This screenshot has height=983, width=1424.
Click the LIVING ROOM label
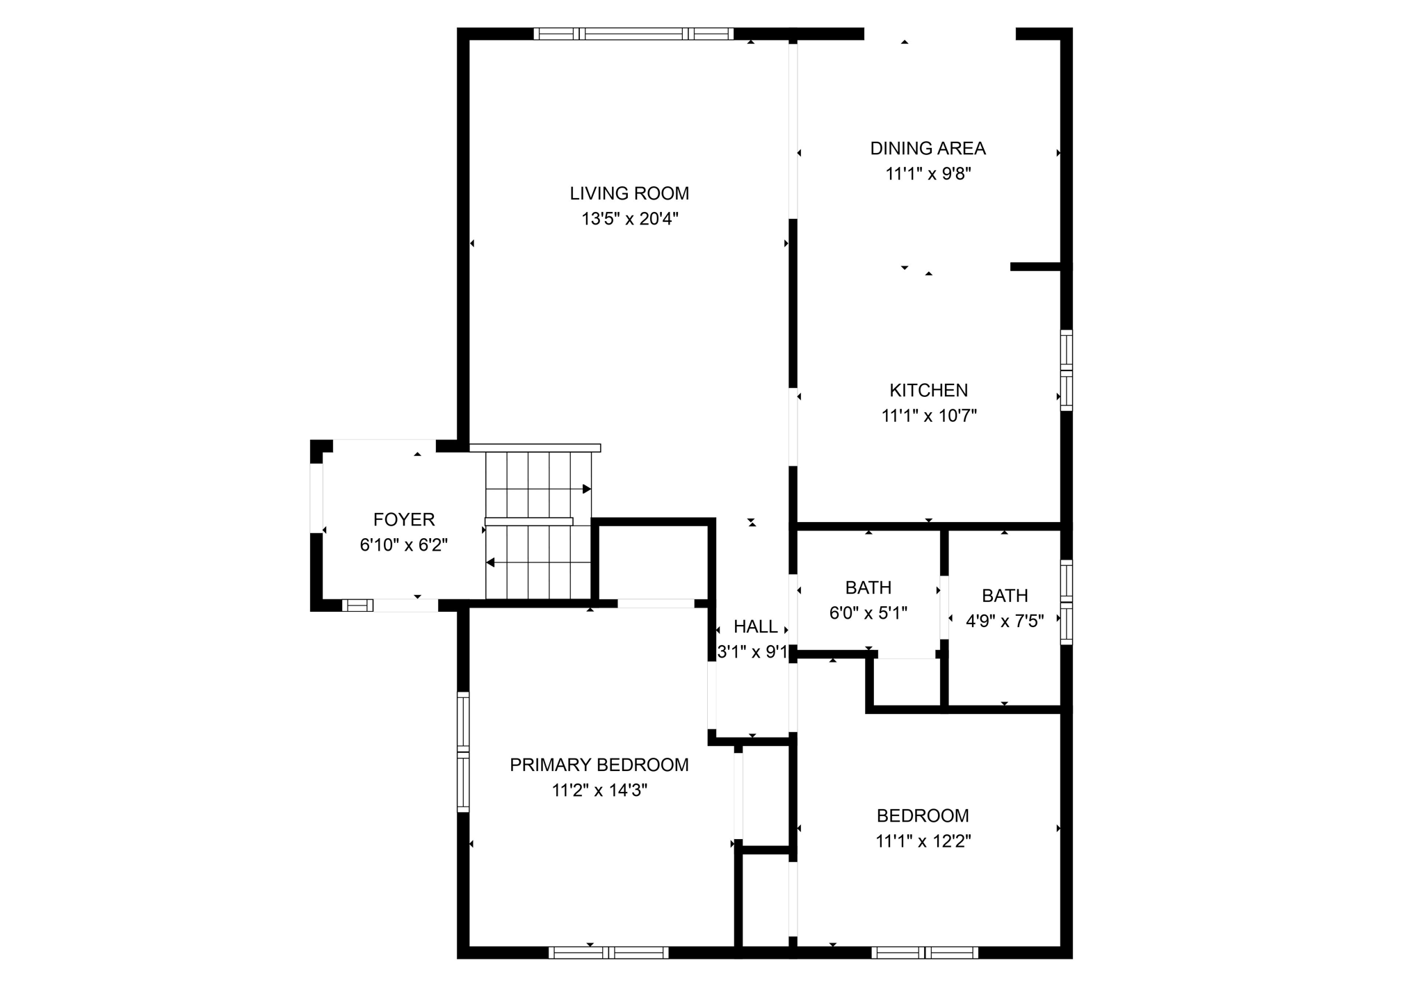point(629,193)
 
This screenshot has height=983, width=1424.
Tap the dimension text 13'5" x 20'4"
point(629,219)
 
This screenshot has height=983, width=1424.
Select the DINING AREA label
point(928,148)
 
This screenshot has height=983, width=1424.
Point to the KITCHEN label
point(928,390)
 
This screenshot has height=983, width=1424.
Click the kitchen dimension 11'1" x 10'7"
point(929,416)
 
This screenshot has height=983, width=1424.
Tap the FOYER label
point(403,519)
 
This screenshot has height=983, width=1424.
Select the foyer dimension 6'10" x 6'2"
point(403,545)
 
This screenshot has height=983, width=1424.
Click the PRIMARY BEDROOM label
point(599,765)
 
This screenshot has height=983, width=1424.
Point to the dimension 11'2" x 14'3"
point(599,790)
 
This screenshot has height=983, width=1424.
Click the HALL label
point(755,626)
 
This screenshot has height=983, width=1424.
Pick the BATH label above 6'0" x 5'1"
point(868,587)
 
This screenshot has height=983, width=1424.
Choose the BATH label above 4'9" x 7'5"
point(1004,595)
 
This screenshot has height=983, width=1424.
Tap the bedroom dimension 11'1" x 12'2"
point(923,841)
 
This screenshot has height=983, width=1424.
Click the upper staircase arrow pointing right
point(586,489)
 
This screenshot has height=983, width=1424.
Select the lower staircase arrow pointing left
point(490,562)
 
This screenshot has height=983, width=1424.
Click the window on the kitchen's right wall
point(1066,370)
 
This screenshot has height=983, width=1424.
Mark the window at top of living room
point(633,33)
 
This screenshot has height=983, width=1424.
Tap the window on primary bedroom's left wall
point(463,752)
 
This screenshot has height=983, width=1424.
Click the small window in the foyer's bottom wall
point(357,605)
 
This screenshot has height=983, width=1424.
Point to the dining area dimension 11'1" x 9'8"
point(928,174)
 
